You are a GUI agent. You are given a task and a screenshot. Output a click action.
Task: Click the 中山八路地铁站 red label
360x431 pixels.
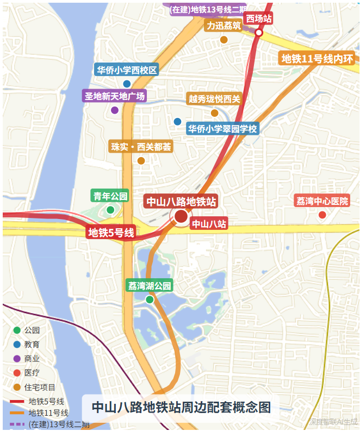[x=181, y=202]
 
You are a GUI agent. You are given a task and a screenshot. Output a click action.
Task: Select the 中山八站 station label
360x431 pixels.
[x=208, y=223]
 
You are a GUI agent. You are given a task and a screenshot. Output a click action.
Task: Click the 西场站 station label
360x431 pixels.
[x=258, y=19]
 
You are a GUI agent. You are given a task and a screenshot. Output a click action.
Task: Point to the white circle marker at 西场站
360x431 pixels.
[x=259, y=33]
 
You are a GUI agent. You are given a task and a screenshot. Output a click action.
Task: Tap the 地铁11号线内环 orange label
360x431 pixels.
[x=317, y=59]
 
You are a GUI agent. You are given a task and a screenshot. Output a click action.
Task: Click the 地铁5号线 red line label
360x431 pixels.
[x=111, y=233]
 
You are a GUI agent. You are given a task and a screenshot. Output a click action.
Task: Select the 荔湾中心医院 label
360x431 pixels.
[x=322, y=201]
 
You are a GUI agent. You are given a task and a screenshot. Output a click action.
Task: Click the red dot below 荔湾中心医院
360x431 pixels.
[x=322, y=215]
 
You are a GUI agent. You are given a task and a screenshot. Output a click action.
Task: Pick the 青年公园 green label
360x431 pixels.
[x=110, y=196]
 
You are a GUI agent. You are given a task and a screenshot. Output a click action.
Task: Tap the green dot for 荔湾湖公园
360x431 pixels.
[x=150, y=299]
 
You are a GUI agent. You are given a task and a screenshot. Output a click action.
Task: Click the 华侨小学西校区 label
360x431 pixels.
[x=127, y=70]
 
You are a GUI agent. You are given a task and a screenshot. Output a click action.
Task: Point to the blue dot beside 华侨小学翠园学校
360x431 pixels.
[x=177, y=122]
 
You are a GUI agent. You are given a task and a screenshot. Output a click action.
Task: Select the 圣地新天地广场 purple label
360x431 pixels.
[x=115, y=96]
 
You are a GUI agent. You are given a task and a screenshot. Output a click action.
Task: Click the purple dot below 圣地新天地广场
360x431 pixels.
[x=115, y=110]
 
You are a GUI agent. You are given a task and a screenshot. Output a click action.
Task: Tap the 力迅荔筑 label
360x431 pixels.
[x=224, y=26]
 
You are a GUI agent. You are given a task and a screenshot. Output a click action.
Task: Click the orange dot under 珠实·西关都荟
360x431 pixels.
[x=141, y=160]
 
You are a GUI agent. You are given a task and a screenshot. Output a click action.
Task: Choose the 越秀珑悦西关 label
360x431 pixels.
[x=214, y=99]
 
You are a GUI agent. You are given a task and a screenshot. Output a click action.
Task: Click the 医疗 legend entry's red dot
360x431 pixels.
[x=17, y=373]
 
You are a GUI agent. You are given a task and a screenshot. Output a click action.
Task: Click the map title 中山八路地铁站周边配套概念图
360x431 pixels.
[x=181, y=407]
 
